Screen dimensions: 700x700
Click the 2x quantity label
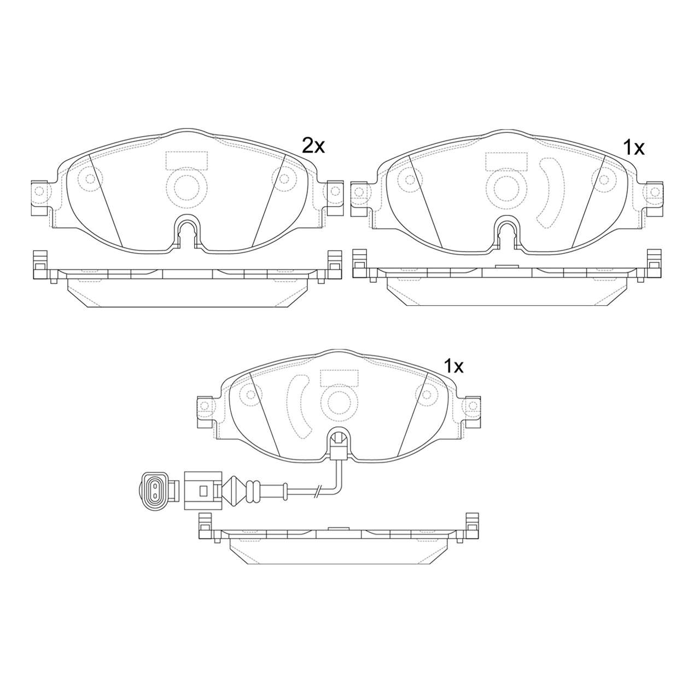point(313,147)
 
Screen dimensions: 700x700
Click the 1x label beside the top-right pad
point(633,148)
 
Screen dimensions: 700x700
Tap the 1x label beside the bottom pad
point(453,367)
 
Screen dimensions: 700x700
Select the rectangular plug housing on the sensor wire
point(203,491)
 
